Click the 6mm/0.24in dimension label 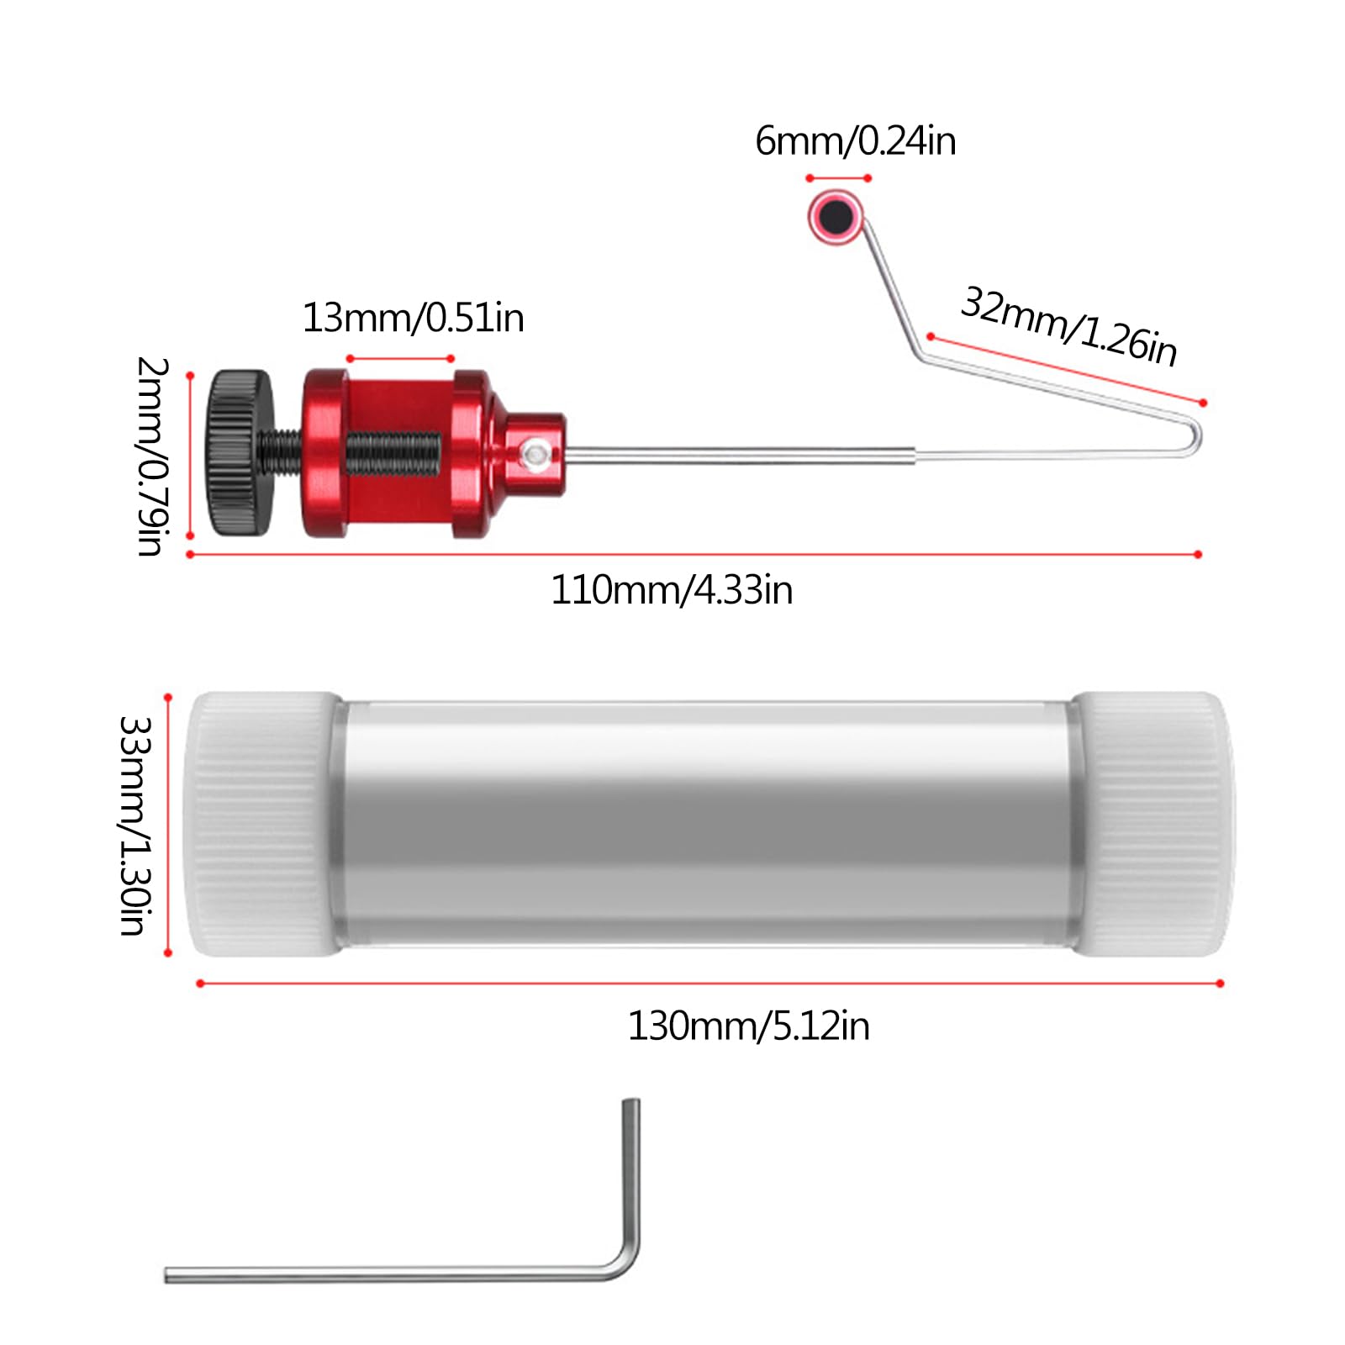[855, 141]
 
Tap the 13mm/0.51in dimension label [413, 319]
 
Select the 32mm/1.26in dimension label [1068, 327]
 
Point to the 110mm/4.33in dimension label [672, 590]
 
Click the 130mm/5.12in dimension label [748, 1026]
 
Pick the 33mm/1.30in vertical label [134, 825]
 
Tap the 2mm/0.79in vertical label [152, 456]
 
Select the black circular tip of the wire [836, 216]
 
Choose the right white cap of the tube [1152, 824]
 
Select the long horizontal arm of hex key [378, 1274]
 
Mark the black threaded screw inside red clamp [392, 451]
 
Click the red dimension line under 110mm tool [694, 555]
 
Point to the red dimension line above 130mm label [710, 983]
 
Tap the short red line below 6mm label [838, 178]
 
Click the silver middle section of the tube [706, 824]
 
